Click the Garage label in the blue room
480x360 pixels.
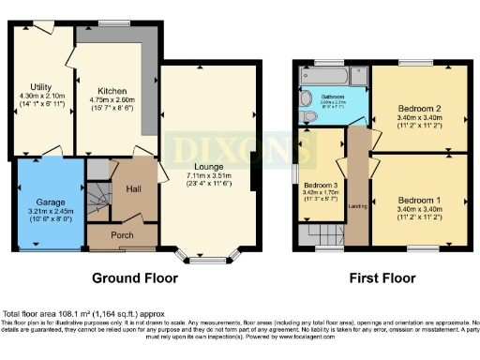click(x=51, y=202)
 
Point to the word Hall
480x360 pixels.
click(x=134, y=188)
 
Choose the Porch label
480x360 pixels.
click(x=123, y=234)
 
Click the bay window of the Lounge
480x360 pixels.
click(x=207, y=254)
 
